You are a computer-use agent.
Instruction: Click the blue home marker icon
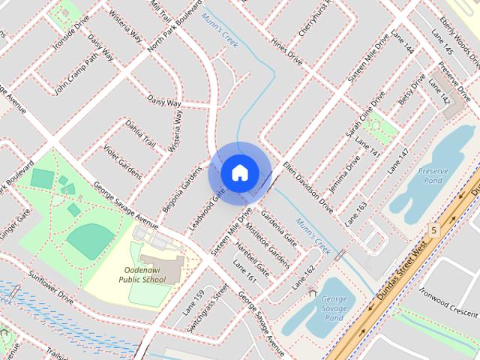[238, 173]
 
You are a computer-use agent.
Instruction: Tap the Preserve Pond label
[433, 176]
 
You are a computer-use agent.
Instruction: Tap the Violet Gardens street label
[122, 160]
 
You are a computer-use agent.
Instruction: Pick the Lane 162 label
[303, 277]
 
